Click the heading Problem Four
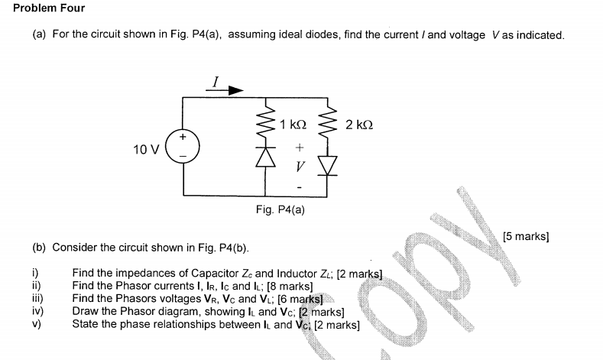coord(49,8)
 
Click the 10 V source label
coord(145,149)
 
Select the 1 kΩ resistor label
coord(293,125)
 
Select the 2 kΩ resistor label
coord(358,125)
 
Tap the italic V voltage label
coord(300,165)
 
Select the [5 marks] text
coord(527,236)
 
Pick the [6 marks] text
coord(301,298)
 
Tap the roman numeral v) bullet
coord(37,324)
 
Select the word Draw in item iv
coord(86,311)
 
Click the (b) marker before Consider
coord(39,248)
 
